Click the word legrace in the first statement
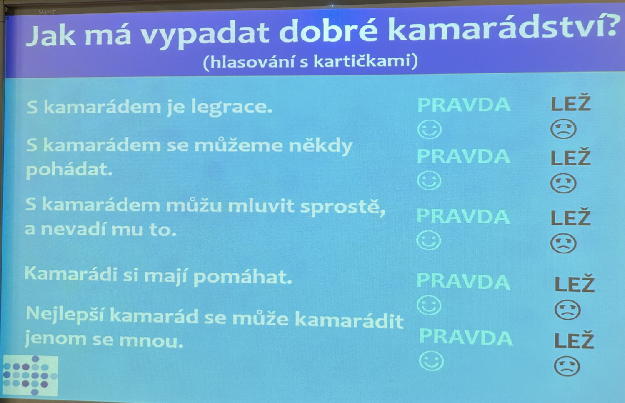232,107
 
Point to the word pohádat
69,169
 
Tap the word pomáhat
242,277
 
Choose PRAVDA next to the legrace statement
463,105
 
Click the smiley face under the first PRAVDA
430,130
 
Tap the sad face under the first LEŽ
563,129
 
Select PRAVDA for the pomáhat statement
463,281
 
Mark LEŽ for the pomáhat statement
575,283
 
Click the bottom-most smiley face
431,361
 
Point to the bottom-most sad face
567,366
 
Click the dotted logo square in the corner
30,375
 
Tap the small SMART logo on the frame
47,12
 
